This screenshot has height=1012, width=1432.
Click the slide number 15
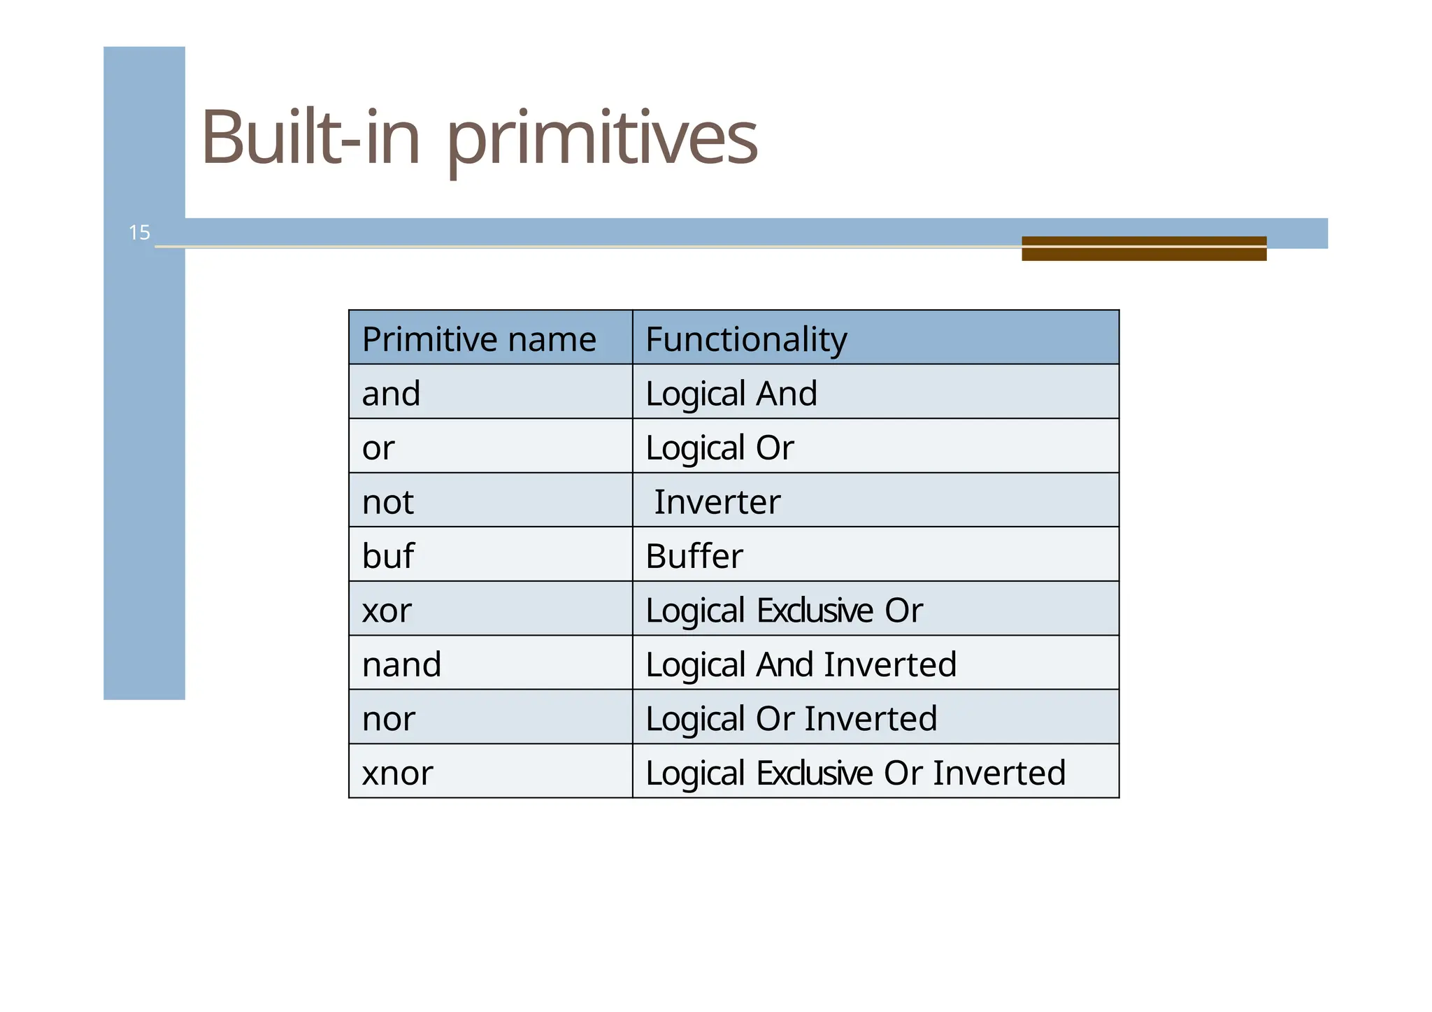point(139,232)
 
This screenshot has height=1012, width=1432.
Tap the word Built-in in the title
point(310,137)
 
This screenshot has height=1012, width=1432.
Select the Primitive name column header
point(479,339)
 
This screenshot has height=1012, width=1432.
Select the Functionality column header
point(746,339)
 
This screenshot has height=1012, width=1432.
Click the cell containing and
point(391,393)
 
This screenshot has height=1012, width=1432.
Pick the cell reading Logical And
point(731,393)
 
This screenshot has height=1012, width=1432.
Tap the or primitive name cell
point(378,448)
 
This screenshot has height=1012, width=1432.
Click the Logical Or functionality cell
point(719,448)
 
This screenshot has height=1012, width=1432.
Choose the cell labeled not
point(387,501)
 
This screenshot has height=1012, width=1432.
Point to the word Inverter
point(717,501)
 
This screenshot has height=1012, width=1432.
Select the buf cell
point(387,556)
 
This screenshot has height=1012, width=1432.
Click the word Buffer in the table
point(694,556)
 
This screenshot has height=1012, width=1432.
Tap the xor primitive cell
point(387,610)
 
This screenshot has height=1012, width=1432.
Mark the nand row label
point(401,664)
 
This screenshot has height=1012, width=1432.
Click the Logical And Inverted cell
point(801,664)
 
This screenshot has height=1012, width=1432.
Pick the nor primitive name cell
point(388,718)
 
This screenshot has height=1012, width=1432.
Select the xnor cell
point(397,773)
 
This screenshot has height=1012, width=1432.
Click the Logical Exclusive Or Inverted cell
point(855,773)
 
